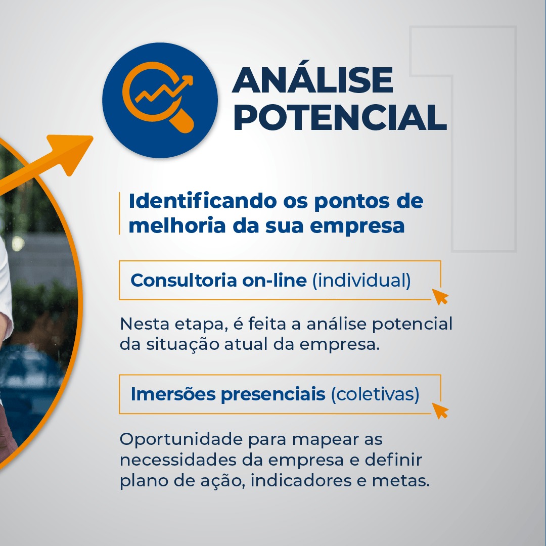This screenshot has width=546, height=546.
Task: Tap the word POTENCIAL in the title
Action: pyautogui.click(x=340, y=117)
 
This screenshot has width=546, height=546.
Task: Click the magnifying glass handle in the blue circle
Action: pyautogui.click(x=182, y=121)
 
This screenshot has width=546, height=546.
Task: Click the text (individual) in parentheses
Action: pyautogui.click(x=361, y=280)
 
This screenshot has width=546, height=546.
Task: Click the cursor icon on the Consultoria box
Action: pyautogui.click(x=440, y=296)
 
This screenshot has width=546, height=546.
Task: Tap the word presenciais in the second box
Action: pyautogui.click(x=273, y=395)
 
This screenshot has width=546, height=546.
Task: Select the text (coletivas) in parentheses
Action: pyautogui.click(x=375, y=394)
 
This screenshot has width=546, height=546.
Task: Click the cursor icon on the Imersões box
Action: pyautogui.click(x=440, y=411)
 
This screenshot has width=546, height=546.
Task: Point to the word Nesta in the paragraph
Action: pyautogui.click(x=144, y=324)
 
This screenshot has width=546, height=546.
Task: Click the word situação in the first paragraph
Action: pyautogui.click(x=183, y=344)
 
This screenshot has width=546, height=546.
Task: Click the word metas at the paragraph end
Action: pyautogui.click(x=400, y=481)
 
